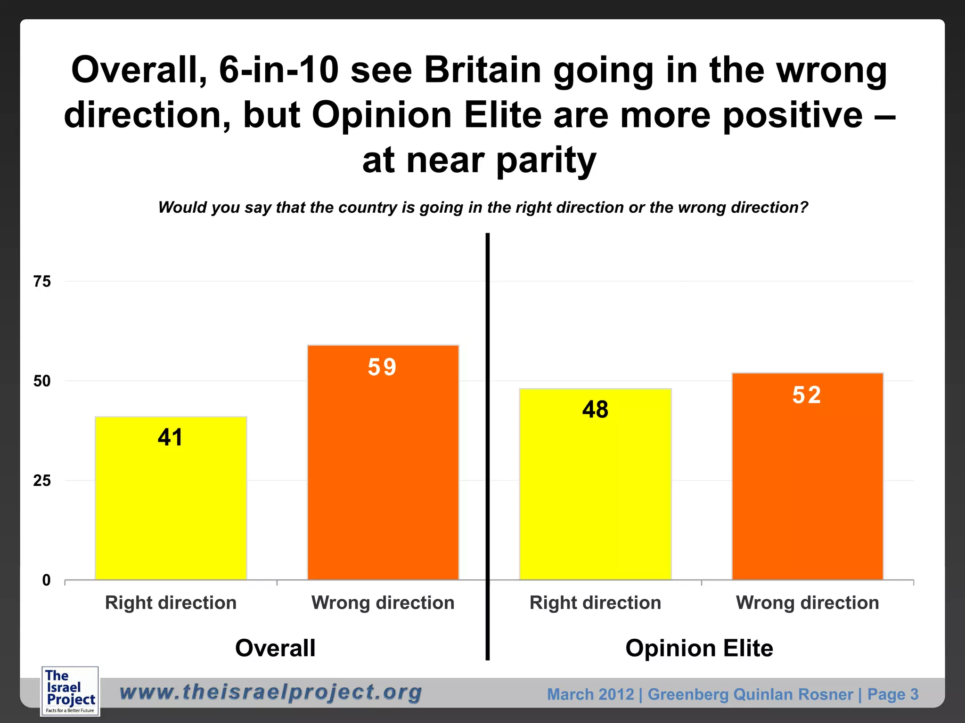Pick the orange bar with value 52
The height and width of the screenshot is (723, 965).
coord(807,476)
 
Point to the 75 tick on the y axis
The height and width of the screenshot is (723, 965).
coord(42,281)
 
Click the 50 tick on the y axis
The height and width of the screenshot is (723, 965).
coord(42,381)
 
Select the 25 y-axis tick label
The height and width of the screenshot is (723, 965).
coord(42,481)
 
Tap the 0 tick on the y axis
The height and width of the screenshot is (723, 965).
coord(46,580)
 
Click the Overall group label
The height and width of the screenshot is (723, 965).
coord(275,648)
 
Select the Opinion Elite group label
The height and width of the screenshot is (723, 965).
coord(699,648)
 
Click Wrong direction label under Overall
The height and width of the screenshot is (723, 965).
coord(383,603)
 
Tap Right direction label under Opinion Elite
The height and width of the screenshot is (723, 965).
coord(595,603)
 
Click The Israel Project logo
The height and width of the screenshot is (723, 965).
coord(70,691)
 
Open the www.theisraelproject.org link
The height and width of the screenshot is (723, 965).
coord(271,692)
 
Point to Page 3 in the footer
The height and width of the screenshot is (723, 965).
coord(892,694)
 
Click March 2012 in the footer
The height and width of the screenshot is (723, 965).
coord(590,694)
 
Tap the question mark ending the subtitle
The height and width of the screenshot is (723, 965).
coord(803,207)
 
